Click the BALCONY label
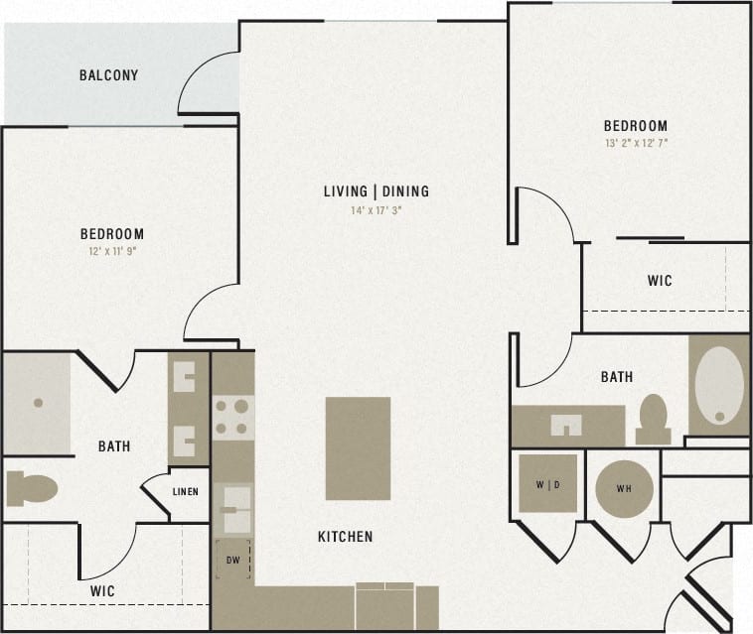(x=108, y=75)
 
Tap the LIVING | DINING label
(x=376, y=190)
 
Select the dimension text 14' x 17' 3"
(x=376, y=210)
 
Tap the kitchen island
(x=358, y=447)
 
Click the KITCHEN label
(x=346, y=537)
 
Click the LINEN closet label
(x=186, y=492)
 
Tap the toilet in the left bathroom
(x=32, y=488)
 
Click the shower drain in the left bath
(x=38, y=403)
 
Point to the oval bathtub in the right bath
(x=718, y=386)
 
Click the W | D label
(x=547, y=485)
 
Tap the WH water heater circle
(x=624, y=487)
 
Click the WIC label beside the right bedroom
(x=660, y=281)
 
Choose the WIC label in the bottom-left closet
(x=102, y=591)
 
